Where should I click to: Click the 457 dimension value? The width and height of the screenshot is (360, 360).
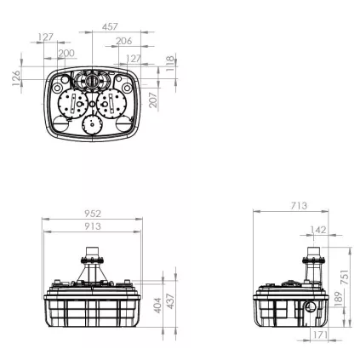click(110, 26)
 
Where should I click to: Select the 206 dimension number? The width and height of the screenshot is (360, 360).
click(124, 41)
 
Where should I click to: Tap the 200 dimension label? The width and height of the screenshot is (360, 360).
click(66, 53)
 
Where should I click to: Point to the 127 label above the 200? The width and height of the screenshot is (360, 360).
click(46, 37)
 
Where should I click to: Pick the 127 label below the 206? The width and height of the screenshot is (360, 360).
click(133, 59)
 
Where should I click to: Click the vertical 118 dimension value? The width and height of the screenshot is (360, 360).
click(169, 63)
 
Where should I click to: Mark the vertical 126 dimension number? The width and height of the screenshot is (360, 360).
click(16, 78)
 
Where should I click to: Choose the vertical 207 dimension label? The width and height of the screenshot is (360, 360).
click(153, 100)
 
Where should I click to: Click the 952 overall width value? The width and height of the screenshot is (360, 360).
click(93, 214)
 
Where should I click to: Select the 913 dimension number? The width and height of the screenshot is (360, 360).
click(93, 226)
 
